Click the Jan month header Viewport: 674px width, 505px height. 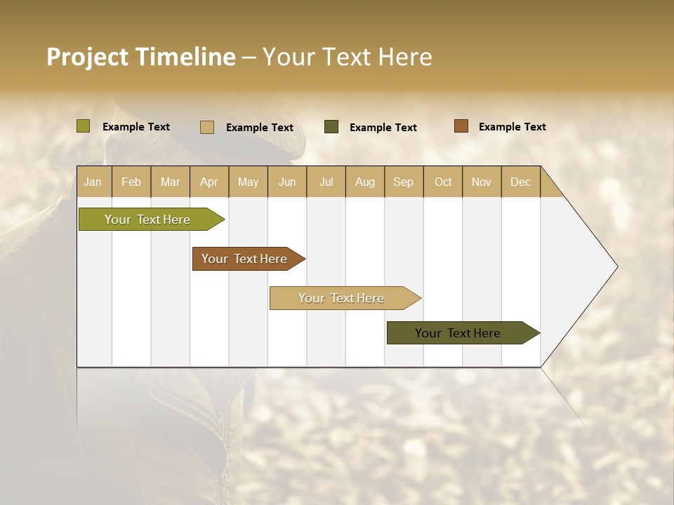point(93,182)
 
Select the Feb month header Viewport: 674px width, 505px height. point(131,182)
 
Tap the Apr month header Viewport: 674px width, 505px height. point(209,182)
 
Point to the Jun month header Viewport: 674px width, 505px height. point(287,182)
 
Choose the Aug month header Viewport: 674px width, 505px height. point(364,182)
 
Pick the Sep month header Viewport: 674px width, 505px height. point(403,182)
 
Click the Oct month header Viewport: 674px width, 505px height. point(443,182)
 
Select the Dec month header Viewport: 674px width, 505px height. point(520,182)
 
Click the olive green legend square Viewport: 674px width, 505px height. point(83,126)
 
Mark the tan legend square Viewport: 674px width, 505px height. point(207,127)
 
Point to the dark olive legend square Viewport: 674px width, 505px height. point(331,127)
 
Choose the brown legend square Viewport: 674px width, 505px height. point(461,126)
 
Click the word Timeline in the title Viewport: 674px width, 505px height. point(185,57)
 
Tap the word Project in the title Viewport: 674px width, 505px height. point(87,57)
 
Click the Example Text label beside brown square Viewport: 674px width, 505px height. point(512,127)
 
